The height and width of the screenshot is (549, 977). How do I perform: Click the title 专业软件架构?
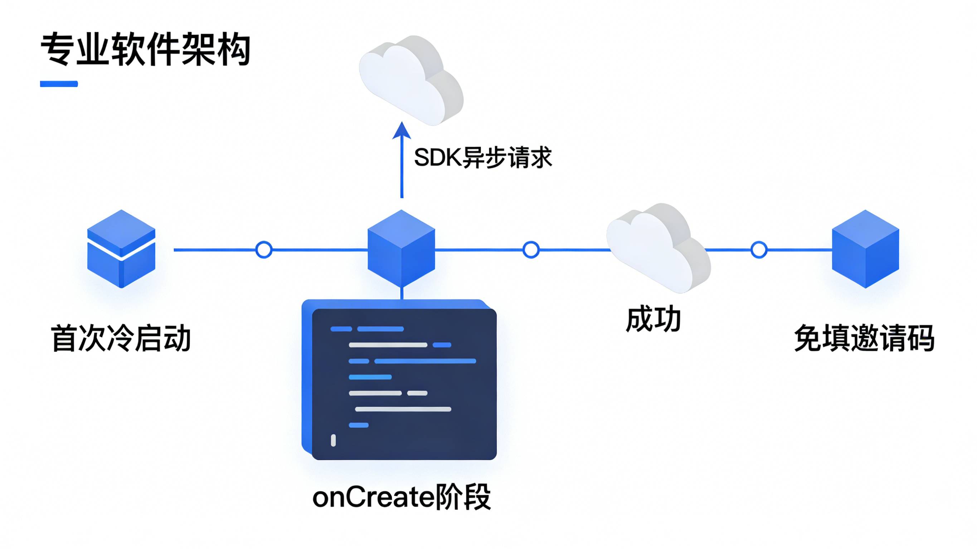tap(145, 50)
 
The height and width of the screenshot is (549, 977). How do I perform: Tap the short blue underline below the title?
tap(59, 84)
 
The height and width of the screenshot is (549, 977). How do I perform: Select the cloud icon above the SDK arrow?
tap(411, 80)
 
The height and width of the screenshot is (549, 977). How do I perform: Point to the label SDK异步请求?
tap(482, 157)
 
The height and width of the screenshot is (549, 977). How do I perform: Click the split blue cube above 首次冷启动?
tap(121, 249)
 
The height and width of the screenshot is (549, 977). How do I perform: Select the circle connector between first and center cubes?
tap(264, 250)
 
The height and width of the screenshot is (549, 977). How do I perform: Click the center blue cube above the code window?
tap(401, 249)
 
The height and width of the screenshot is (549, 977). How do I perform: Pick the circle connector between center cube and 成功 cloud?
tap(531, 250)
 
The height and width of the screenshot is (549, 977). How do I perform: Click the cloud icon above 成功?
tap(658, 248)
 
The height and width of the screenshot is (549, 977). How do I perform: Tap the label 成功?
tap(653, 320)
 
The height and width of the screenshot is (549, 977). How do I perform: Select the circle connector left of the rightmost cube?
tap(759, 250)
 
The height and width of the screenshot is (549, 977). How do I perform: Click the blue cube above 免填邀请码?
tap(865, 249)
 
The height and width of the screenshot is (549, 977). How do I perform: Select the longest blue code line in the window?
tap(425, 361)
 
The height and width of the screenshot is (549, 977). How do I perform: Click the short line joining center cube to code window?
tap(402, 294)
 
